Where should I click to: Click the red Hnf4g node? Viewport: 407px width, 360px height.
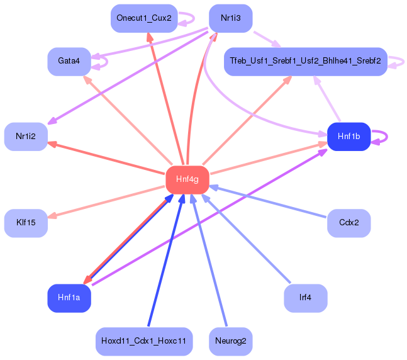click(x=187, y=180)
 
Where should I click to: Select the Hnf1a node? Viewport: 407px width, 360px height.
click(x=69, y=298)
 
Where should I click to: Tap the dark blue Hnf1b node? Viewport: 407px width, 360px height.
click(x=349, y=137)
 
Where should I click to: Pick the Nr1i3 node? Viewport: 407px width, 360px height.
click(x=231, y=18)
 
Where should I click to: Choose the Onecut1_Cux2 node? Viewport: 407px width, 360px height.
click(x=144, y=18)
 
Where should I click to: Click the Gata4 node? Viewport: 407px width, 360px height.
click(x=69, y=62)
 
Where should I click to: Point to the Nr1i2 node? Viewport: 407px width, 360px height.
click(x=26, y=137)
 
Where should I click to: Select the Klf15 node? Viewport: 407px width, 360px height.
click(x=26, y=223)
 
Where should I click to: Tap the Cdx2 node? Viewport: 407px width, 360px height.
click(x=349, y=223)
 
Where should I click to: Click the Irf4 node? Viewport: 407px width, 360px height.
click(x=306, y=298)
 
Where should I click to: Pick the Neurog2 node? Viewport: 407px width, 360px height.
click(x=231, y=341)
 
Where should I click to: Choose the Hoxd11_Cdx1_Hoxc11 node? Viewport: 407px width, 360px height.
click(x=144, y=341)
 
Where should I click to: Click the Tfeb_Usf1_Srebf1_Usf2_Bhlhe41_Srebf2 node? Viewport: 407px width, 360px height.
click(x=306, y=62)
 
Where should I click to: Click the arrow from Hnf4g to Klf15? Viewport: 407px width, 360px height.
click(x=106, y=201)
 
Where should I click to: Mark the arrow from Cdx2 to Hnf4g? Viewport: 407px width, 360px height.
click(x=267, y=201)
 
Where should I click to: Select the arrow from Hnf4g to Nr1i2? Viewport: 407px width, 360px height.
click(x=106, y=158)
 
